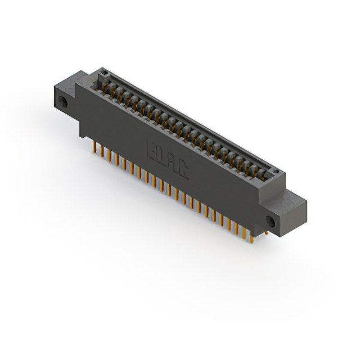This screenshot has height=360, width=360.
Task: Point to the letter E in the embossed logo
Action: click(x=151, y=151)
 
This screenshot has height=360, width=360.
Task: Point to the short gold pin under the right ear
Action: click(x=266, y=231)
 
